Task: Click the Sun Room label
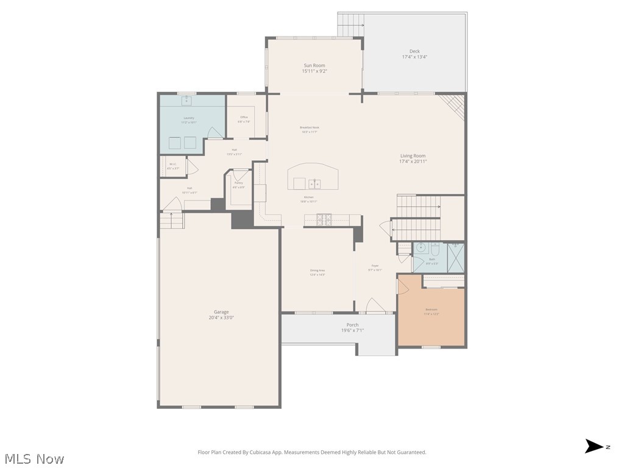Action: pos(314,65)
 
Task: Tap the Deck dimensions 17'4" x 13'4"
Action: pos(414,57)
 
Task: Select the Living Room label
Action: pos(413,156)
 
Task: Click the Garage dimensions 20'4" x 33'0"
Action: pos(221,317)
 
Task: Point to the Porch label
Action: pos(352,325)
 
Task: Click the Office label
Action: pos(244,117)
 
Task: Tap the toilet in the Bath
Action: pos(434,249)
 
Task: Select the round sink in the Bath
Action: pos(420,248)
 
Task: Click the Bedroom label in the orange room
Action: pos(431,310)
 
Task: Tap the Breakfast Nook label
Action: pos(309,127)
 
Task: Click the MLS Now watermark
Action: pos(34,458)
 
